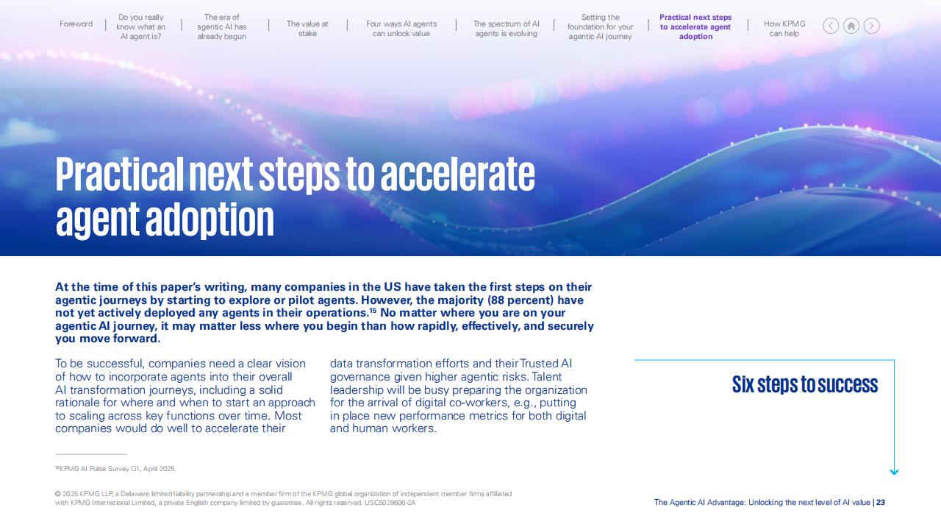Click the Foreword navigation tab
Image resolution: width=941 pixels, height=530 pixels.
coord(76,24)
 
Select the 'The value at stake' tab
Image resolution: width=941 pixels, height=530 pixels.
coord(307,29)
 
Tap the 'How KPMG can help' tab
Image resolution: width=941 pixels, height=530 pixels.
coord(784,29)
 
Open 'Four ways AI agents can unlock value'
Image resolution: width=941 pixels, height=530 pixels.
coord(401,29)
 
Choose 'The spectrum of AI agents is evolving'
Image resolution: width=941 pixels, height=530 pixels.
coord(507,29)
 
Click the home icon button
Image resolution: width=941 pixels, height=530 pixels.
coord(851,26)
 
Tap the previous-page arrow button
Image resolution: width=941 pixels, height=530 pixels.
coord(831,26)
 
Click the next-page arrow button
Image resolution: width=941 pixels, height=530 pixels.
coord(871,26)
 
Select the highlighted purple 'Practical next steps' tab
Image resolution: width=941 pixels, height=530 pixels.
coord(695,27)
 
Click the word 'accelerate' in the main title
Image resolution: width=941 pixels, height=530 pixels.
coord(458,174)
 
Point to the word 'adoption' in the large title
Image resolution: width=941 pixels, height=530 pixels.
coord(210,219)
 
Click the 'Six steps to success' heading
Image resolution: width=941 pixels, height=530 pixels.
coord(805,384)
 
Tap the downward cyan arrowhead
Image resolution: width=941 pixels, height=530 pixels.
coord(895,472)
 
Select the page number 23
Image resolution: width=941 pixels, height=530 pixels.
coord(881,502)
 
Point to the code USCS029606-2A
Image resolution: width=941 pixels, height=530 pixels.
coord(390,503)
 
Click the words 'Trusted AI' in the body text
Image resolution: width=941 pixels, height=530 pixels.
coord(545,364)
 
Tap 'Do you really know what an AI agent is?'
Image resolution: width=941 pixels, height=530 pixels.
coord(140,27)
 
